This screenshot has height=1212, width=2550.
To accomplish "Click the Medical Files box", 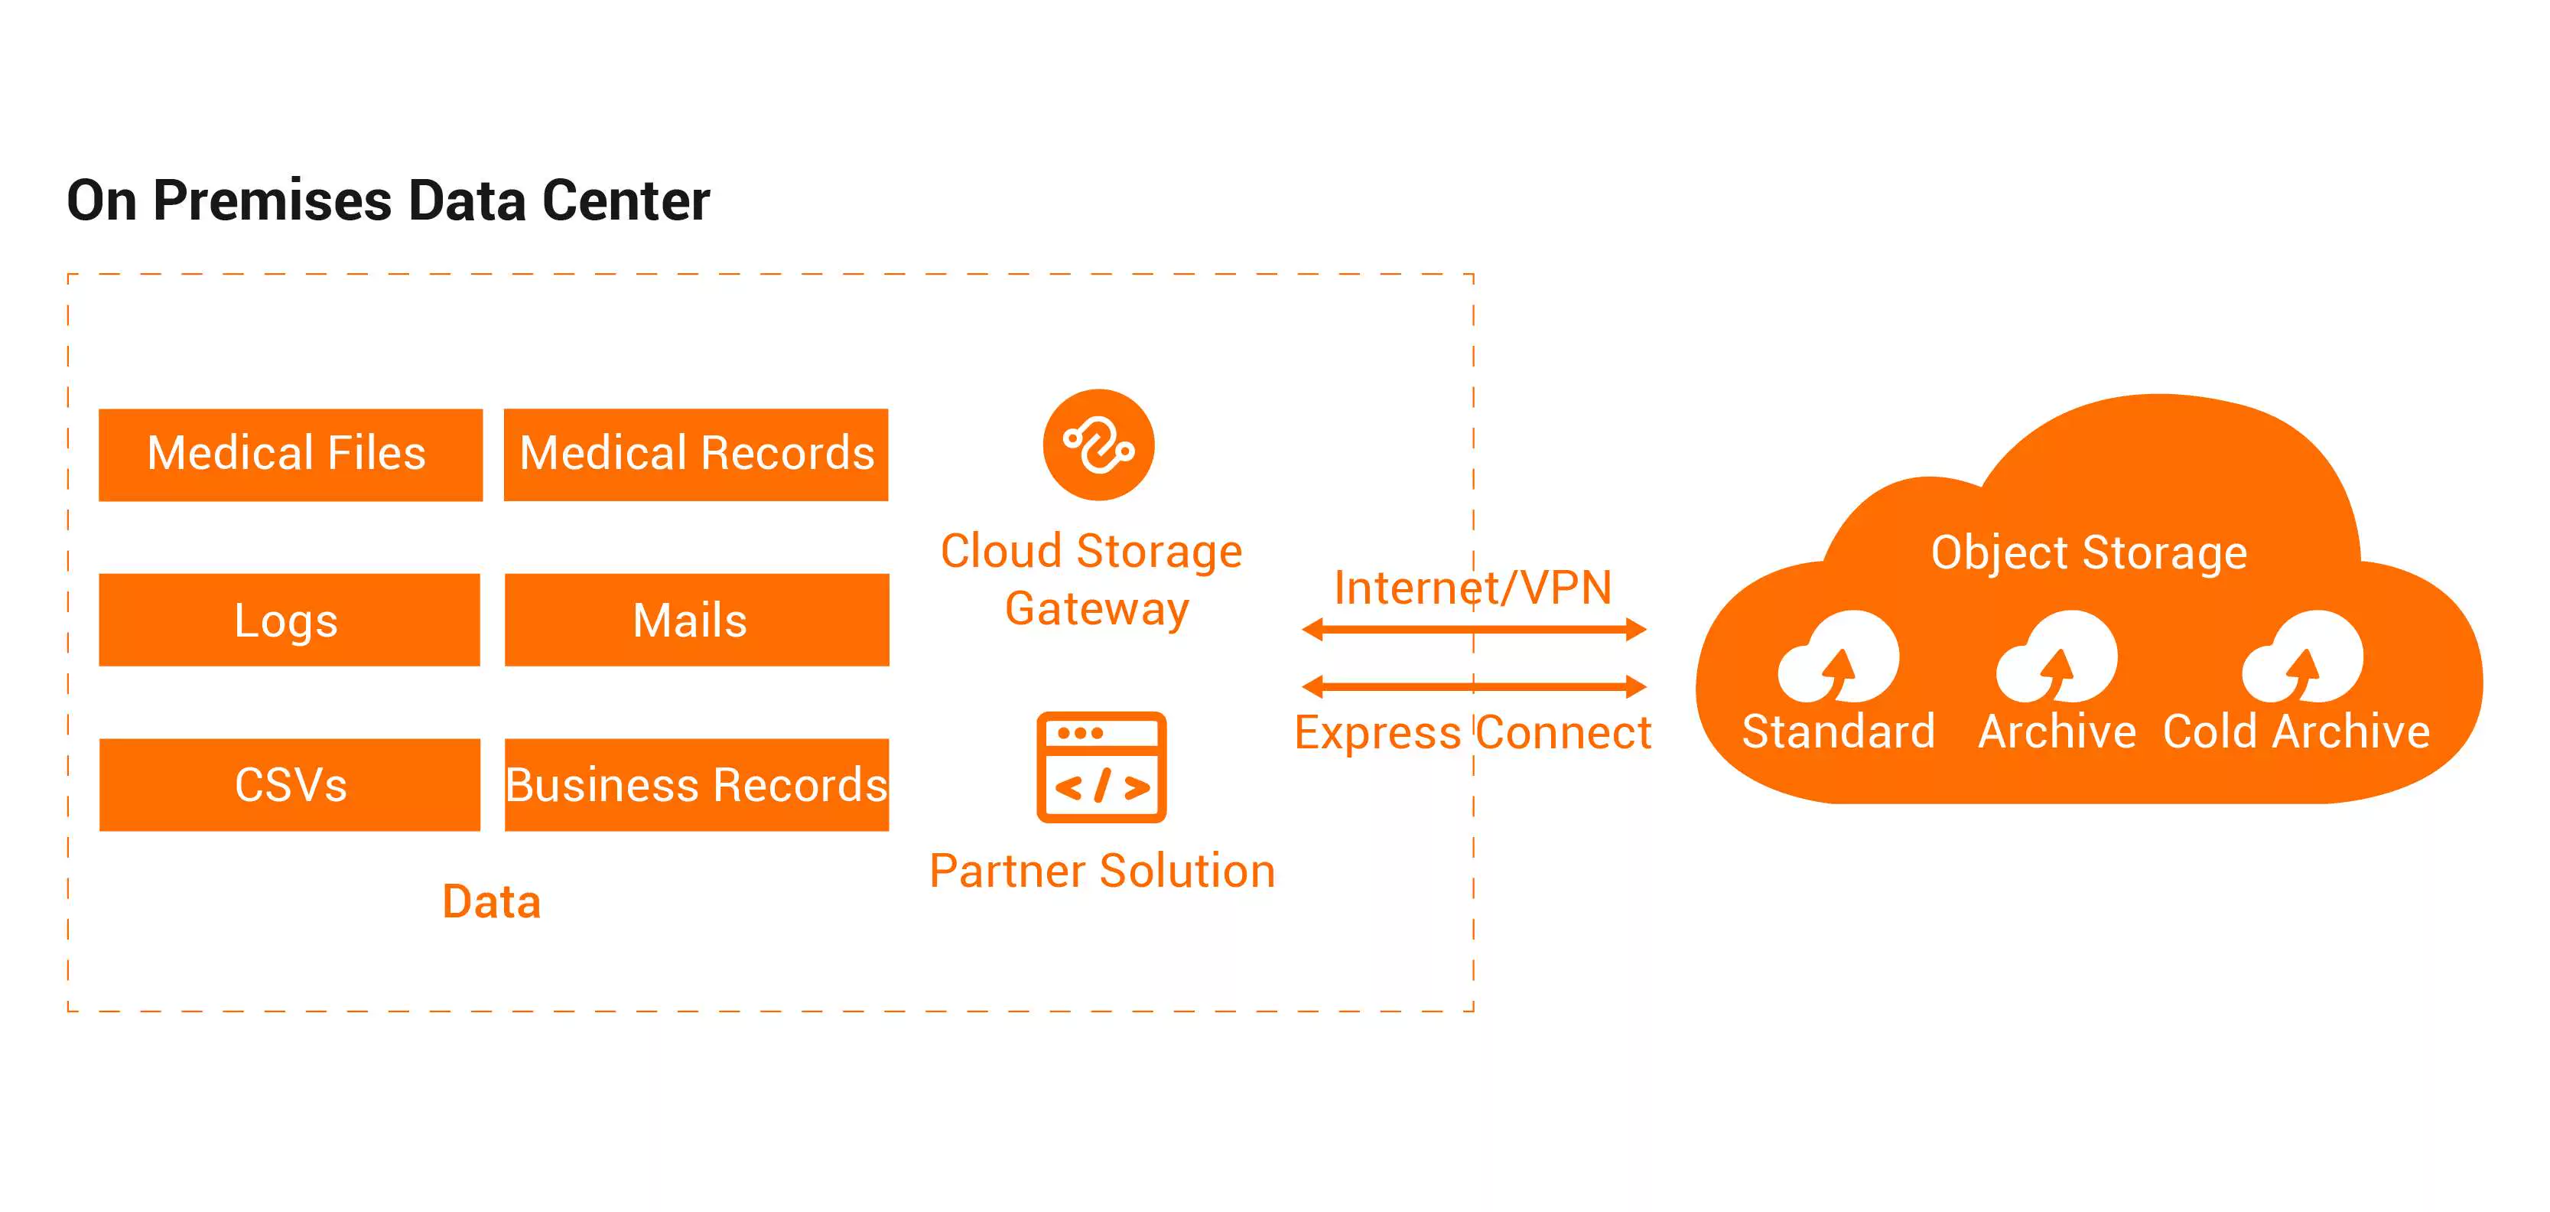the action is (290, 454).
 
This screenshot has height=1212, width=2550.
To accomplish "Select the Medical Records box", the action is (696, 454).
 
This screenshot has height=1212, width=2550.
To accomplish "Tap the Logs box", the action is (289, 620).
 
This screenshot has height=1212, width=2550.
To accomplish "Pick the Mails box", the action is (697, 620).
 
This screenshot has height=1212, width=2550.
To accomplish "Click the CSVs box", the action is (290, 784).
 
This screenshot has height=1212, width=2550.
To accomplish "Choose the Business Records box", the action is (697, 784).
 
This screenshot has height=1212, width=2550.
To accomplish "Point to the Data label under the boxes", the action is (491, 902).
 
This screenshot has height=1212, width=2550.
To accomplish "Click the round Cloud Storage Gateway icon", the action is (1099, 445).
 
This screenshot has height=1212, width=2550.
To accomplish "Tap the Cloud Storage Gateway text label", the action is (1092, 580).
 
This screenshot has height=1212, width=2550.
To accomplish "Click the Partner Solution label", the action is (1102, 872).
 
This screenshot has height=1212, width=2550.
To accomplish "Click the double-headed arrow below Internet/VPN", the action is (1474, 630).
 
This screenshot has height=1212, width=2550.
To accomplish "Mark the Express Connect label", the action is (1473, 734).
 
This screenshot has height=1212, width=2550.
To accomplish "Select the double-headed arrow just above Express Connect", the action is (1474, 686).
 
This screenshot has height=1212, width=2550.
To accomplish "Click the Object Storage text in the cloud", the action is (2089, 552).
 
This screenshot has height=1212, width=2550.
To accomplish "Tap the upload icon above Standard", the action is (1838, 656).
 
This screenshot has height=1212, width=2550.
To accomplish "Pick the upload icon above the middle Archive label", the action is (2057, 656).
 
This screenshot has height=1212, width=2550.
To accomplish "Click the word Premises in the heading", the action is (273, 201).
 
